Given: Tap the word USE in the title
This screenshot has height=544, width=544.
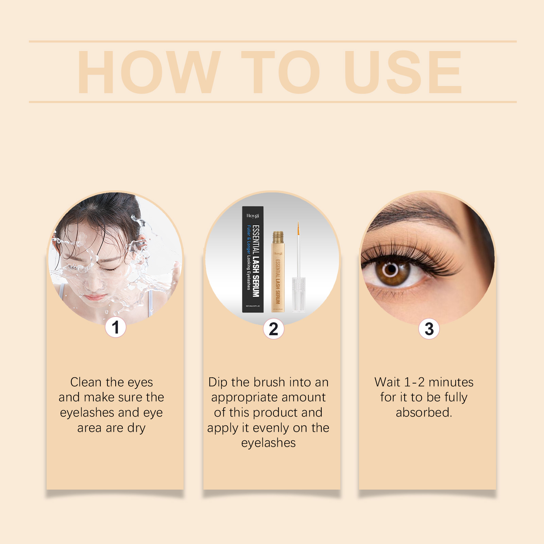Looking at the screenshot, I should click(403, 72).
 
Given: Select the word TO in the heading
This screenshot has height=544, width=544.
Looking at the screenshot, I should click(280, 72).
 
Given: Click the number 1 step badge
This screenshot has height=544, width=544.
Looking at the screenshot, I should click(116, 327).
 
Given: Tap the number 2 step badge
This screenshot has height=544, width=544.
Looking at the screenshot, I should click(273, 329).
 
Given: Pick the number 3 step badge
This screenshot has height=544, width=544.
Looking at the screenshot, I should click(429, 329).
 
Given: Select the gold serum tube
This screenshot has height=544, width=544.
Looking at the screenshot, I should click(277, 272).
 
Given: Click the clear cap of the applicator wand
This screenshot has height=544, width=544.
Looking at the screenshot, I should click(299, 294).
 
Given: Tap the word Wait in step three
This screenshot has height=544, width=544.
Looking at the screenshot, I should click(387, 382).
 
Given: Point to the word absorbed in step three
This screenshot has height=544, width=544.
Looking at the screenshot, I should click(424, 412).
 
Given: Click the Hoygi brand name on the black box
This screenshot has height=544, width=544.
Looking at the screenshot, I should click(253, 216).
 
